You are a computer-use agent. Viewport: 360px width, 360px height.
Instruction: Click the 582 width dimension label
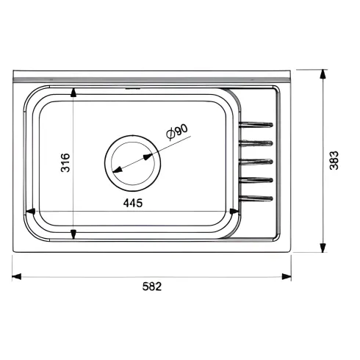click(x=152, y=286)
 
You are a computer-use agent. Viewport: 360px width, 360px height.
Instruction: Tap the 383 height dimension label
click(x=334, y=160)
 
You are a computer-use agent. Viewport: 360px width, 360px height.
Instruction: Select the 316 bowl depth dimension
click(x=65, y=162)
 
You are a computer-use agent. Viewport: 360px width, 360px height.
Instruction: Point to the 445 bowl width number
click(x=133, y=203)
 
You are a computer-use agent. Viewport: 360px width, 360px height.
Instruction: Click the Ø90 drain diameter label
click(x=177, y=132)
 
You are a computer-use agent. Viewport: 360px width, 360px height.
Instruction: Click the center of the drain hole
click(x=133, y=163)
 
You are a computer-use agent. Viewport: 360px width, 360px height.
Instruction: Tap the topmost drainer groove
click(x=256, y=125)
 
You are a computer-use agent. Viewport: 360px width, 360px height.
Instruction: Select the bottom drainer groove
click(x=256, y=198)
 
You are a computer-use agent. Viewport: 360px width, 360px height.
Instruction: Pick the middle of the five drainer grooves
click(x=256, y=162)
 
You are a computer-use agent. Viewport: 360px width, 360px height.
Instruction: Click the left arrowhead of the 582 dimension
click(x=17, y=277)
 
